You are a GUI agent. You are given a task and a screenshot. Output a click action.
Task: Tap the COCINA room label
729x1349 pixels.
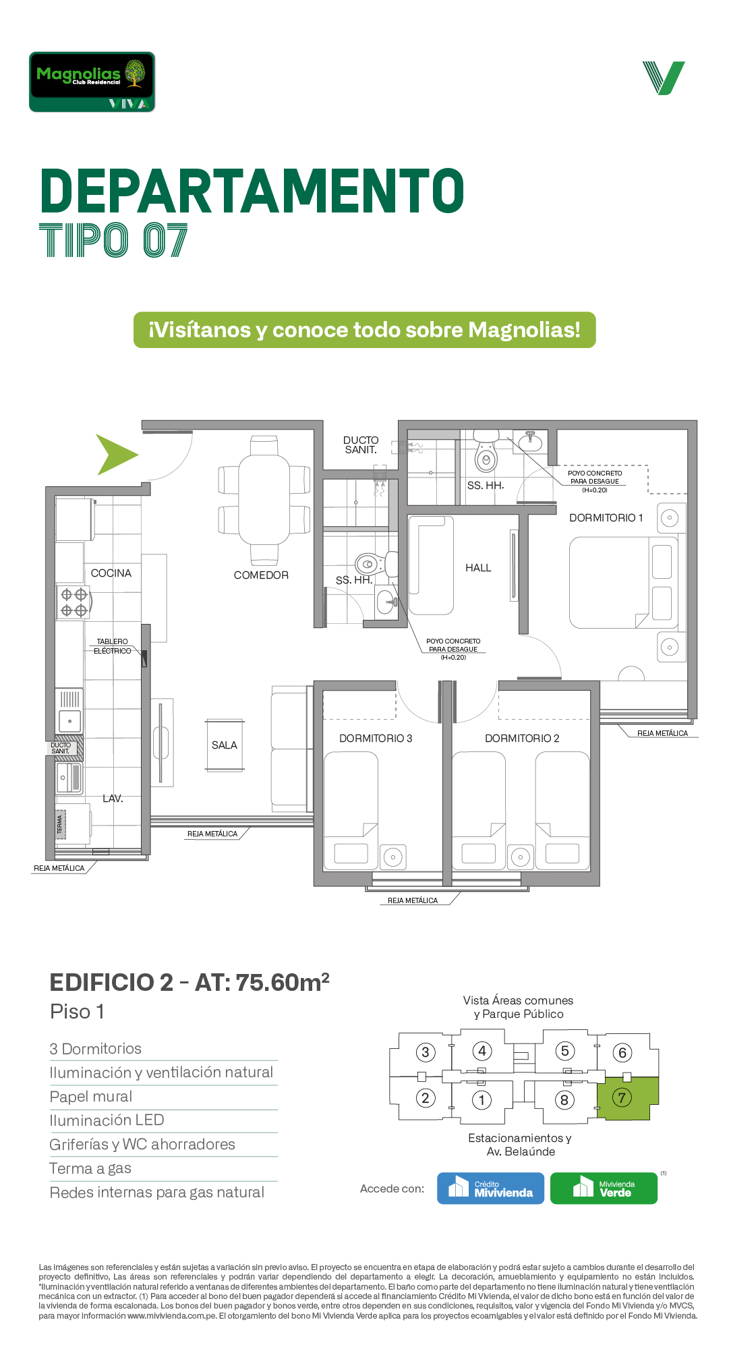(111, 573)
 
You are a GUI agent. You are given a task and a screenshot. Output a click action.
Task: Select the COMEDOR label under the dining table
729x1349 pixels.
(261, 575)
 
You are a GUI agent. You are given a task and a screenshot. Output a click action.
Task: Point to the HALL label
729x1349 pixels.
(478, 568)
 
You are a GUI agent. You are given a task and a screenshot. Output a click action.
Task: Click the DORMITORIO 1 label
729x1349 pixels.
(606, 518)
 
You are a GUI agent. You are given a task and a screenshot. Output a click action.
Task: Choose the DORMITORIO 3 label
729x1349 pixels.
(376, 739)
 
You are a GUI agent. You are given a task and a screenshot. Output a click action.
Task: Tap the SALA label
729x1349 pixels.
(225, 745)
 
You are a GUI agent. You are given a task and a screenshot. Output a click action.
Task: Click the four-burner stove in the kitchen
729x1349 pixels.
(74, 602)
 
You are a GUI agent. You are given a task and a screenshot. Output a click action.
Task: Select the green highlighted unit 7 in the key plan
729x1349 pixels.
(628, 1098)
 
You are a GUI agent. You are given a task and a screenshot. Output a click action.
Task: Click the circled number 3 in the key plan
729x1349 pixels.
(425, 1052)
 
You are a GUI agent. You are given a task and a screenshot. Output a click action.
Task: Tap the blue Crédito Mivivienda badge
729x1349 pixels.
(490, 1188)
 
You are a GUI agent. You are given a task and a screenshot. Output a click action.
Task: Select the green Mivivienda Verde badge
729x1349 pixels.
(604, 1188)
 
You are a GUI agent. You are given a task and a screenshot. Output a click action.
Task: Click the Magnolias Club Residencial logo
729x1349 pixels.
(92, 82)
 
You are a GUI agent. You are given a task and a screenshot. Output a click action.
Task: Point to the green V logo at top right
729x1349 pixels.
(664, 78)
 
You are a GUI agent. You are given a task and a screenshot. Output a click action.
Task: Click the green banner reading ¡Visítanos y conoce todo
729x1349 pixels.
(365, 330)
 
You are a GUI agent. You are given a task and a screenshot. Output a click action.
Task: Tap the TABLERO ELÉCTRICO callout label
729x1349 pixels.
(113, 646)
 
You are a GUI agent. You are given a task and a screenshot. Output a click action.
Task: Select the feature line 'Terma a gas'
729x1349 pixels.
(90, 1168)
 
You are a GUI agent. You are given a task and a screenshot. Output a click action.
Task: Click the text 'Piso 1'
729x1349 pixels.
(77, 1012)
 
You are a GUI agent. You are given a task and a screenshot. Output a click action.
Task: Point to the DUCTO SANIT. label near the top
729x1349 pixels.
(361, 445)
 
